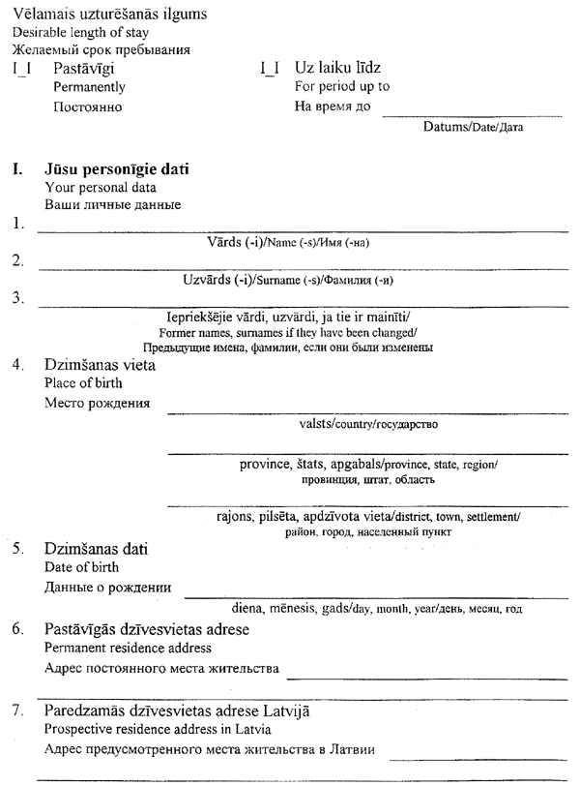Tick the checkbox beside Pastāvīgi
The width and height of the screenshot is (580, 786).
click(x=21, y=70)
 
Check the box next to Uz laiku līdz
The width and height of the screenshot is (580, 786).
click(x=270, y=70)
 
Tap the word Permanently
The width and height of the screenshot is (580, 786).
click(x=90, y=87)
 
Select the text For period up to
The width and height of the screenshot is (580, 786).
click(x=341, y=87)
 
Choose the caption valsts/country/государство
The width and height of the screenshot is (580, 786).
click(x=369, y=423)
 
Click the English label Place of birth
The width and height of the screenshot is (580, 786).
click(x=83, y=383)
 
